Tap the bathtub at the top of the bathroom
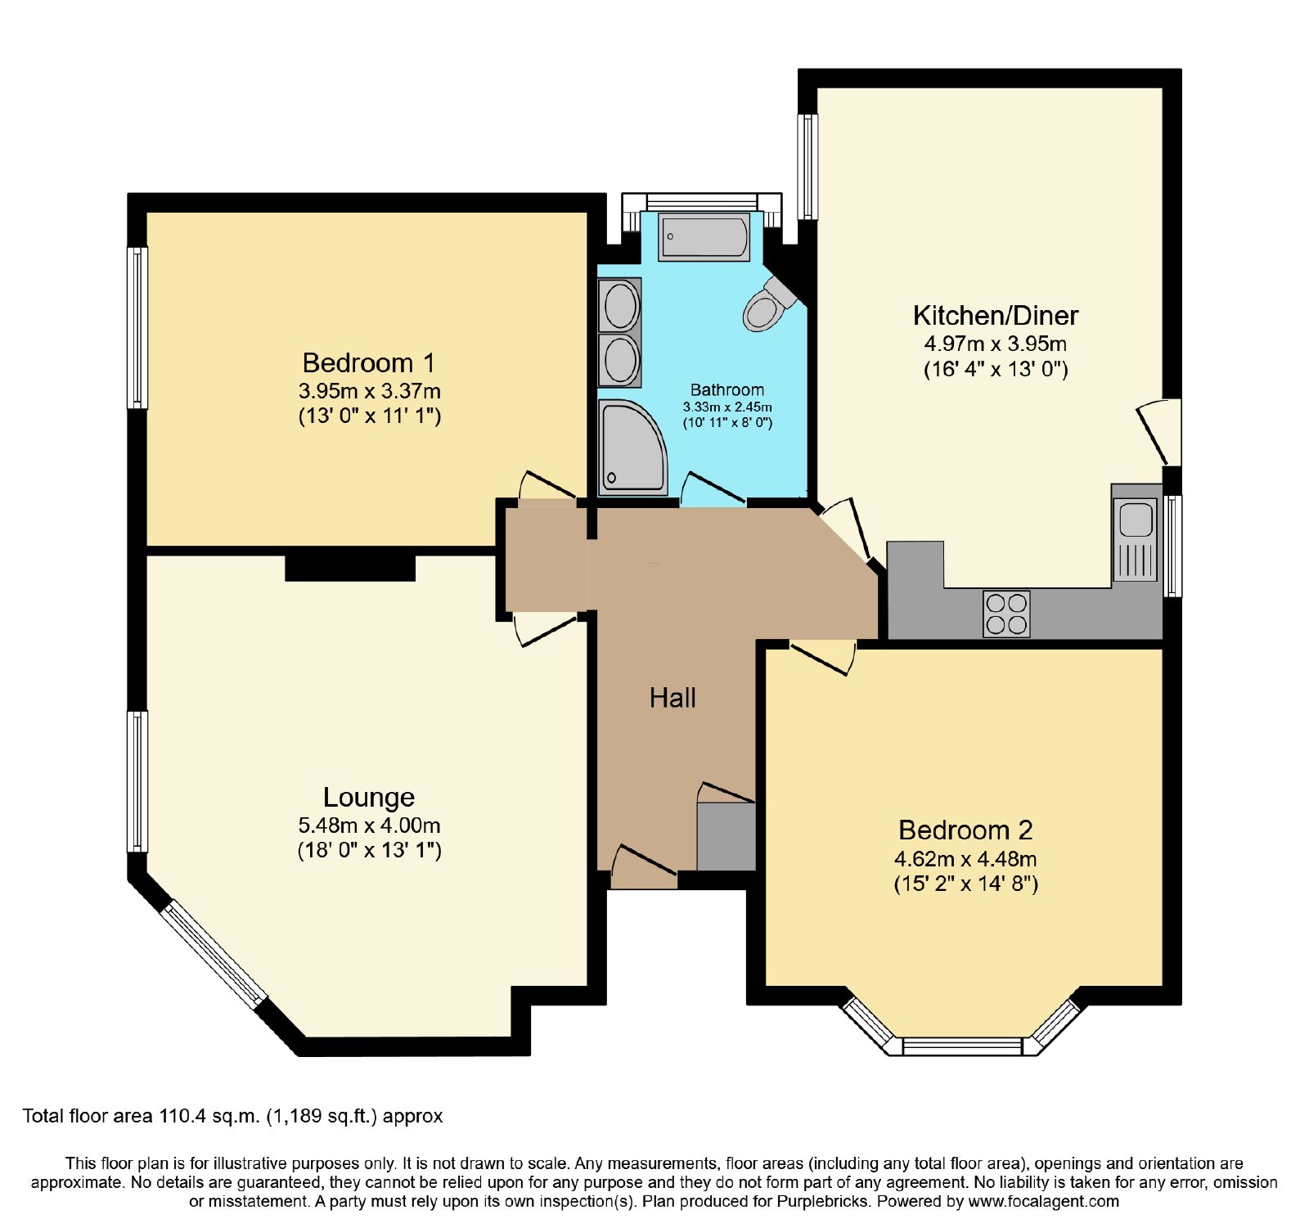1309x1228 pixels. [x=704, y=236]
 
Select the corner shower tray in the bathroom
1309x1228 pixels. [x=632, y=448]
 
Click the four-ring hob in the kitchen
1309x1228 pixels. [x=1006, y=614]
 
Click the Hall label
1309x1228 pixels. [x=672, y=698]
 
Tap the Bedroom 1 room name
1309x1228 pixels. [x=368, y=362]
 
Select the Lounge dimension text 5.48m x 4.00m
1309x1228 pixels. [x=369, y=825]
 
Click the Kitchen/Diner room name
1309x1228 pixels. [x=996, y=315]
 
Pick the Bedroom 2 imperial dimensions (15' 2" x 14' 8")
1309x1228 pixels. [x=966, y=884]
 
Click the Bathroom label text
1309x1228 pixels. [x=727, y=389]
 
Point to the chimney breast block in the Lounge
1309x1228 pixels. [x=350, y=568]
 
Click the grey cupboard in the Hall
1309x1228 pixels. [x=726, y=836]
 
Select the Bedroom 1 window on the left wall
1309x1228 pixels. [x=137, y=327]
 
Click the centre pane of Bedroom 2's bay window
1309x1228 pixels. [x=962, y=1046]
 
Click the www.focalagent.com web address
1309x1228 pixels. [x=1044, y=1202]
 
